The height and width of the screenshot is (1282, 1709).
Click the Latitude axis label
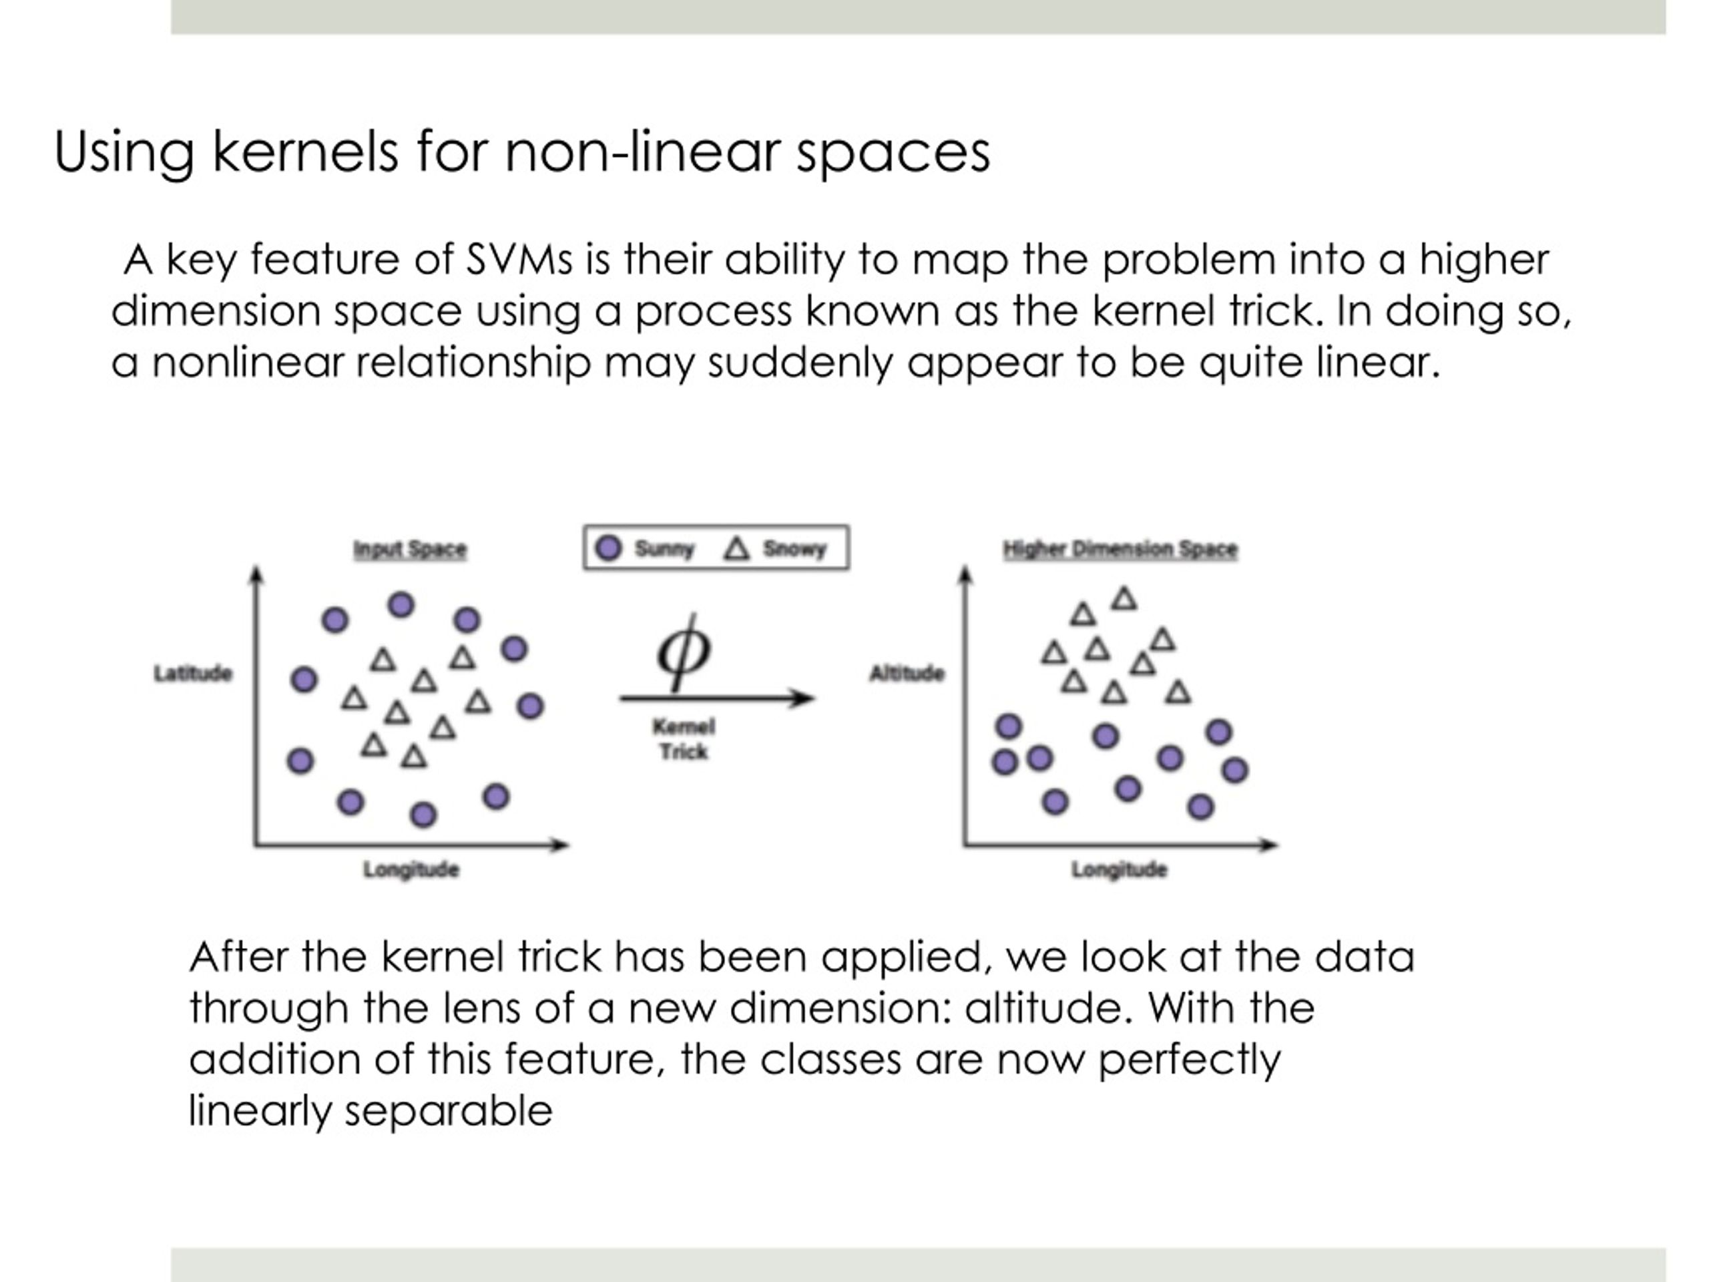pyautogui.click(x=193, y=673)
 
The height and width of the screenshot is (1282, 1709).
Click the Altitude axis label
pyautogui.click(x=907, y=673)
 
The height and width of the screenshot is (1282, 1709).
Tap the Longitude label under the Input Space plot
pyautogui.click(x=411, y=870)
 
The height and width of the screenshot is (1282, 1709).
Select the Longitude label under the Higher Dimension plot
pyautogui.click(x=1119, y=870)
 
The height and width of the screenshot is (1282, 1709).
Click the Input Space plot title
pyautogui.click(x=411, y=550)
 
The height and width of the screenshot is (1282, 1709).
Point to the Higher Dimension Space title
pyautogui.click(x=1120, y=550)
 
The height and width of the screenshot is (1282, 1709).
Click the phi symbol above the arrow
pyautogui.click(x=684, y=652)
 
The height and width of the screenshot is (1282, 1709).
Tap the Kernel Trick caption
pyautogui.click(x=684, y=738)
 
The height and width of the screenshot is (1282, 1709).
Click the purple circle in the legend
pyautogui.click(x=609, y=548)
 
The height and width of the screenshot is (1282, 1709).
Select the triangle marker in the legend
pyautogui.click(x=736, y=549)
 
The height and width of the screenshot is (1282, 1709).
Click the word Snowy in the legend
pyautogui.click(x=795, y=549)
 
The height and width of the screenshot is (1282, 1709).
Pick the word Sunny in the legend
pyautogui.click(x=664, y=549)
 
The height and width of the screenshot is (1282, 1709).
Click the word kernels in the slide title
pyautogui.click(x=305, y=151)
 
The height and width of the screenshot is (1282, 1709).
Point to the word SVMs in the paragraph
pyautogui.click(x=519, y=260)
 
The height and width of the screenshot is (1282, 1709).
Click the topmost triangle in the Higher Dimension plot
pyautogui.click(x=1124, y=598)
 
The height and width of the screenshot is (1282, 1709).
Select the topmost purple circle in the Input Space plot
pyautogui.click(x=400, y=604)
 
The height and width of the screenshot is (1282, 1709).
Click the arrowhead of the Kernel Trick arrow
pyautogui.click(x=804, y=698)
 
